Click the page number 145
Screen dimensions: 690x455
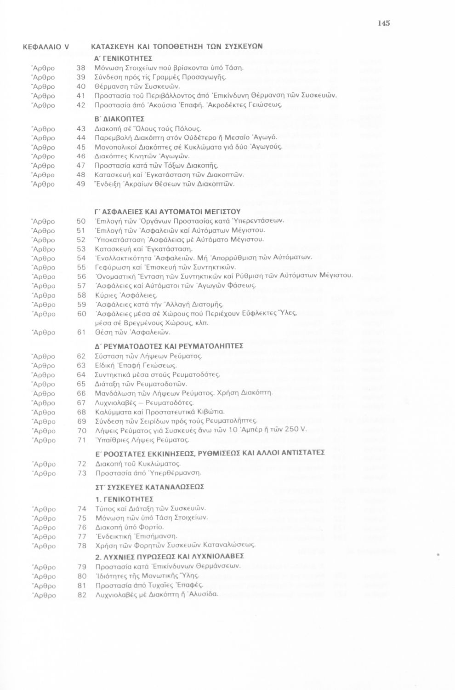click(x=384, y=23)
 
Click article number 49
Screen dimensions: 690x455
click(x=81, y=184)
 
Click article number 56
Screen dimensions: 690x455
click(x=81, y=276)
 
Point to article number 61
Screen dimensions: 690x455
click(x=81, y=332)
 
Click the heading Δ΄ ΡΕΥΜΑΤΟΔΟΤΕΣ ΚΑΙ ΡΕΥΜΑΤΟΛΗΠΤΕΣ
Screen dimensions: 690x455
click(x=169, y=345)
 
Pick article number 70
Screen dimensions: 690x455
click(x=82, y=431)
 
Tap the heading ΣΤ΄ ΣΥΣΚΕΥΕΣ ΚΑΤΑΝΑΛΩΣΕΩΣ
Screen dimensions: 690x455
click(x=150, y=486)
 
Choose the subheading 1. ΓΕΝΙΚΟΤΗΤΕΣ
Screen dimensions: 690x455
click(x=125, y=499)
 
